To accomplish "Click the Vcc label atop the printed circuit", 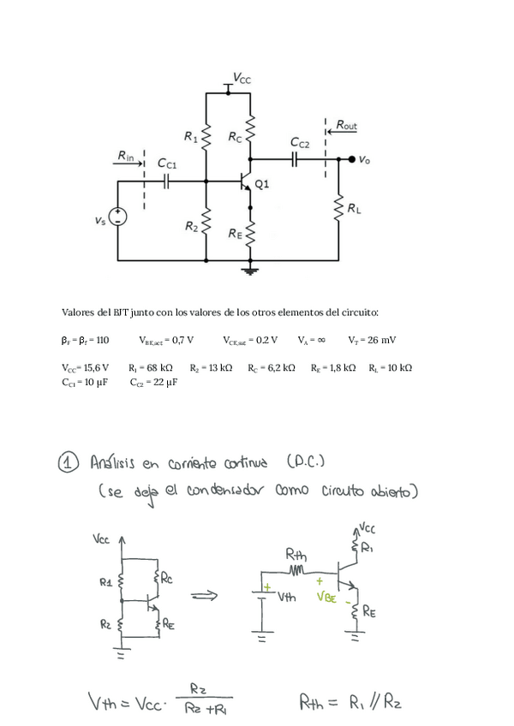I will tap(242, 79).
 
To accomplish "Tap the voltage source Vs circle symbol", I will tap(117, 217).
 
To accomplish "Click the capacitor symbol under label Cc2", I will tap(294, 159).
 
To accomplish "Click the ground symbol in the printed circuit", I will tap(250, 271).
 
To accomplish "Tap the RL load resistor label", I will tap(354, 208).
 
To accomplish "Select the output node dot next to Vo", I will tap(351, 159).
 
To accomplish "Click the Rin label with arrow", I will tap(127, 157).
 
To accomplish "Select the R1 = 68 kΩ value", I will tap(151, 367).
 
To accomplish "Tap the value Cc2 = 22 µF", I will tap(154, 383).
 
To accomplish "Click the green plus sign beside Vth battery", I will tap(266, 588).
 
